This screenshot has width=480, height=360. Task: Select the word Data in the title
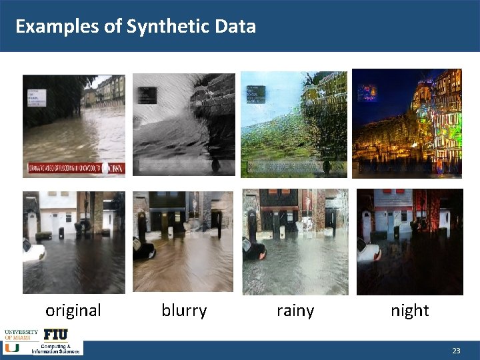point(235,27)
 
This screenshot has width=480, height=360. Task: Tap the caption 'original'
point(73,310)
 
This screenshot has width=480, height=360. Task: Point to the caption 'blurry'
point(184,310)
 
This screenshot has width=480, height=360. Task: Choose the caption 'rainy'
point(295,310)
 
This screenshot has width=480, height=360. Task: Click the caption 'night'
point(410,310)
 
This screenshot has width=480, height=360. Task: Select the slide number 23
point(456,351)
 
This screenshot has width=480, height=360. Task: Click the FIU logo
point(55,334)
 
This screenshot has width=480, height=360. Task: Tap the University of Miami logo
point(21,339)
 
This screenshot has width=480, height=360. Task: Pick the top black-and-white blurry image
point(183,124)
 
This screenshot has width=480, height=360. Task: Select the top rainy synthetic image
point(294,124)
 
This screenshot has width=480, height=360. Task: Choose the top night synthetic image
point(407,124)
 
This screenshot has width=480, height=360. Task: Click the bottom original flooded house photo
point(73,243)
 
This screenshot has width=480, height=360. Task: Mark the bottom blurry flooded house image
point(183,243)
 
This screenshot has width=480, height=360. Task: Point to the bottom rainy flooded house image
point(295,243)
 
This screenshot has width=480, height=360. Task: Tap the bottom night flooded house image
point(409,243)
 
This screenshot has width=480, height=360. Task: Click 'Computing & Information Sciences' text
point(57,349)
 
